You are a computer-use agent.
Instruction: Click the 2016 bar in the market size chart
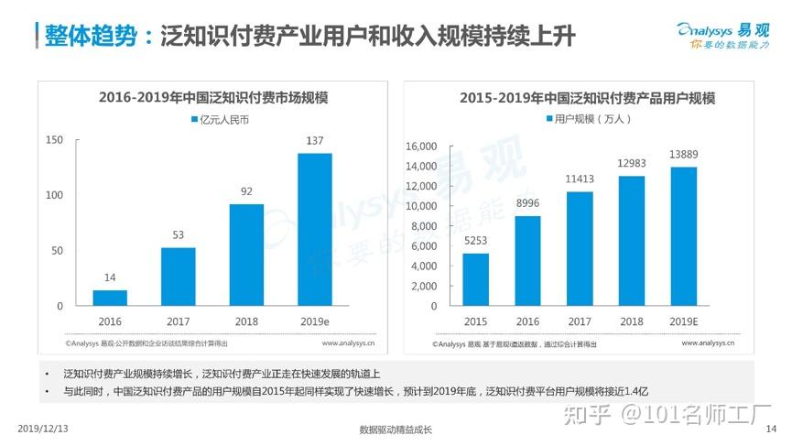110,298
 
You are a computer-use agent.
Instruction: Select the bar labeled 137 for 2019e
315,229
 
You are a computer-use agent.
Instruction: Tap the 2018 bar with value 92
246,255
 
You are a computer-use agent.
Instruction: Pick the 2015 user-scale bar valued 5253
476,279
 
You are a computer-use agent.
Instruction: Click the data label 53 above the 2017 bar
179,235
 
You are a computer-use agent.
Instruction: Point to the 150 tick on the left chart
54,139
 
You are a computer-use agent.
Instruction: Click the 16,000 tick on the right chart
419,146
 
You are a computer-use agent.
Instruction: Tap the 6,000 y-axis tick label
423,246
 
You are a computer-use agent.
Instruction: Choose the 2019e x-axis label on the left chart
315,321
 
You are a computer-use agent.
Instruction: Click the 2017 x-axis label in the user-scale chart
580,321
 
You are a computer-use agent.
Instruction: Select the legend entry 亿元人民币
220,119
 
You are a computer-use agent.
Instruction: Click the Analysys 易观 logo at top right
724,34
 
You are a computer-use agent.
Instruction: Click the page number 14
770,428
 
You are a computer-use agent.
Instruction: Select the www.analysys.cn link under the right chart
711,343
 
